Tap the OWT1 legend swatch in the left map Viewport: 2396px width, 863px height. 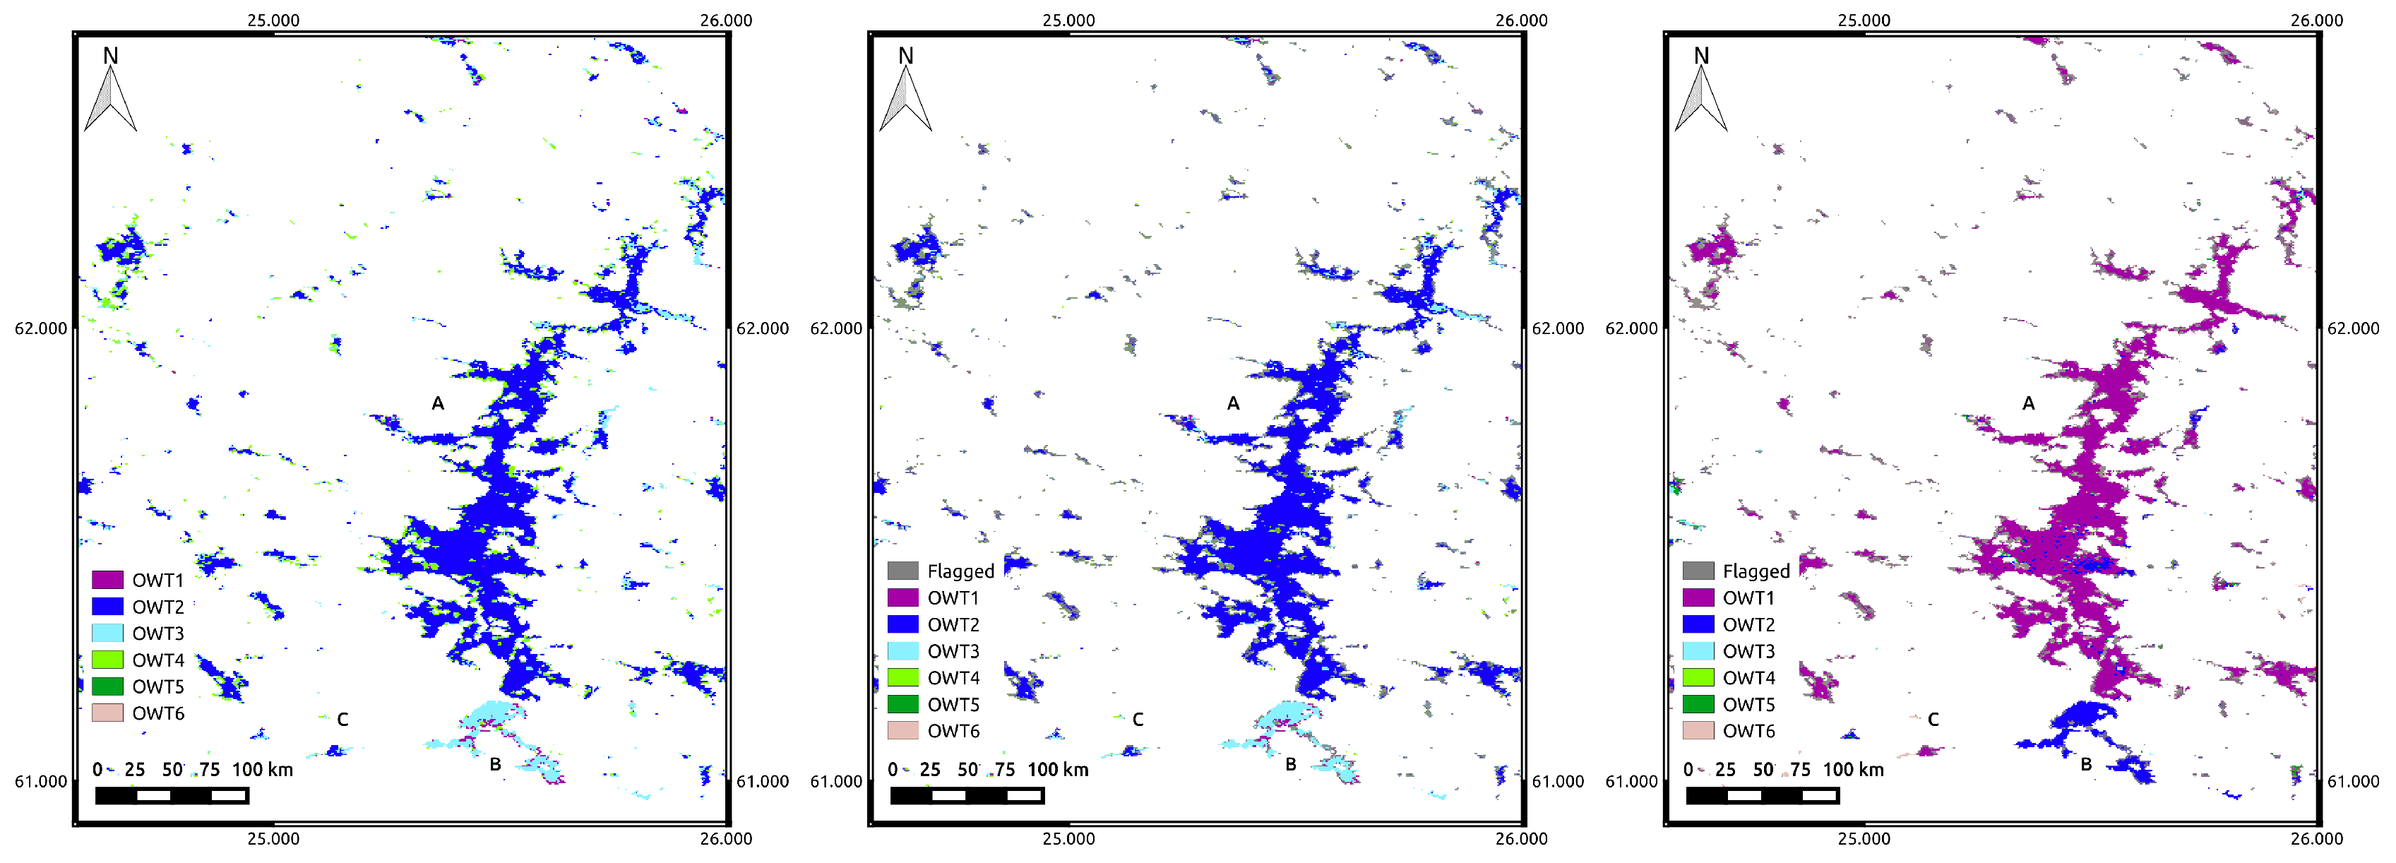(x=108, y=579)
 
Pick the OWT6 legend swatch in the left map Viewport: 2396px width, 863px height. (x=108, y=713)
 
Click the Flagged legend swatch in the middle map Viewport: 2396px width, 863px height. (x=903, y=570)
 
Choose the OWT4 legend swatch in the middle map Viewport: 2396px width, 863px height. (x=903, y=678)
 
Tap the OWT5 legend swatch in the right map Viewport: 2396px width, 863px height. (x=1698, y=704)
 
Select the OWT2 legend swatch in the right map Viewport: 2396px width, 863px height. (x=1698, y=624)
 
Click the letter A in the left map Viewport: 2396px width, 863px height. (x=437, y=403)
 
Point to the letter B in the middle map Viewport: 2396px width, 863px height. (x=1291, y=764)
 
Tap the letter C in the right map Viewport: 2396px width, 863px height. (x=1933, y=720)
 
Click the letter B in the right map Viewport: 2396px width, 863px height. (x=2086, y=764)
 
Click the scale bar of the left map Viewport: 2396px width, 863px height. (x=172, y=795)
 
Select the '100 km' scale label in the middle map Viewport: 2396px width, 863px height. (x=1058, y=770)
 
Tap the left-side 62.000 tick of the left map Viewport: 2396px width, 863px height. (x=41, y=328)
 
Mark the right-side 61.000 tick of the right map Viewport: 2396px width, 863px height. (x=2353, y=781)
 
